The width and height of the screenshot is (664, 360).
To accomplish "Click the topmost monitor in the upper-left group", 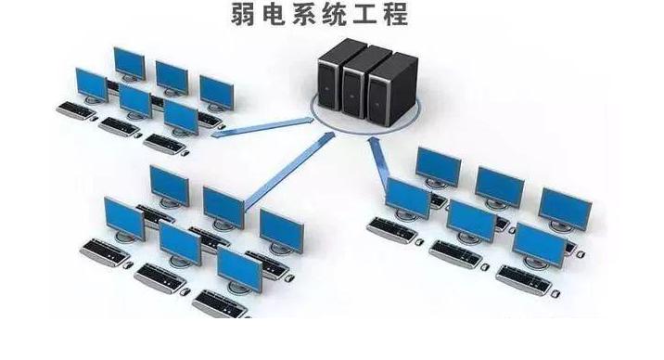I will pos(129,62).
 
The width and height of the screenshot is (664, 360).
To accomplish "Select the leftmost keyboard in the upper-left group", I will pos(75,109).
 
